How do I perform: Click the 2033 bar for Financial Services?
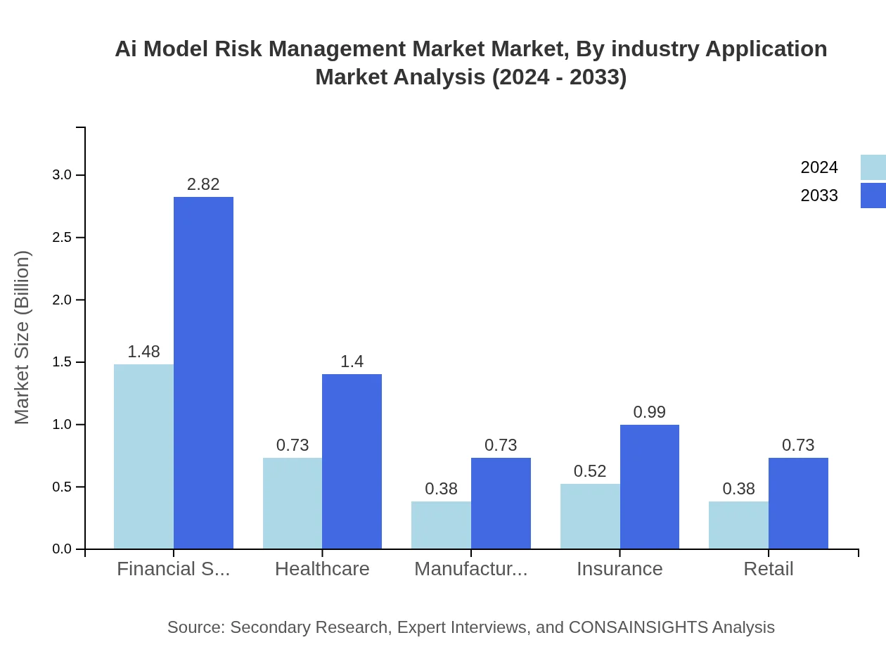coord(203,373)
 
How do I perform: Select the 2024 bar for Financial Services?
coord(143,456)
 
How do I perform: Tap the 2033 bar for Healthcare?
coord(352,461)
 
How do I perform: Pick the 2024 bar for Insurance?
coord(590,516)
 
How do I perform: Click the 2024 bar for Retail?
coord(738,525)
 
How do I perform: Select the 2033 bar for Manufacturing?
coord(501,504)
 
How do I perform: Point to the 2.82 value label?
coord(203,184)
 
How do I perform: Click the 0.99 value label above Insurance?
coord(649,412)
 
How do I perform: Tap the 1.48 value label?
coord(143,352)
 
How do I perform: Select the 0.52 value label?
coord(590,471)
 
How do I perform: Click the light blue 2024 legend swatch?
coord(873,167)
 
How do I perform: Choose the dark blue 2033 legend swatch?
coord(873,196)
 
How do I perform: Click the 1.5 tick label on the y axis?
coord(62,362)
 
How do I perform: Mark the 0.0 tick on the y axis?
coord(62,549)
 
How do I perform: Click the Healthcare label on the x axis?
coord(322,569)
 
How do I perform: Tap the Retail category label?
coord(768,569)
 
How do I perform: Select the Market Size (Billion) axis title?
coord(23,338)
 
